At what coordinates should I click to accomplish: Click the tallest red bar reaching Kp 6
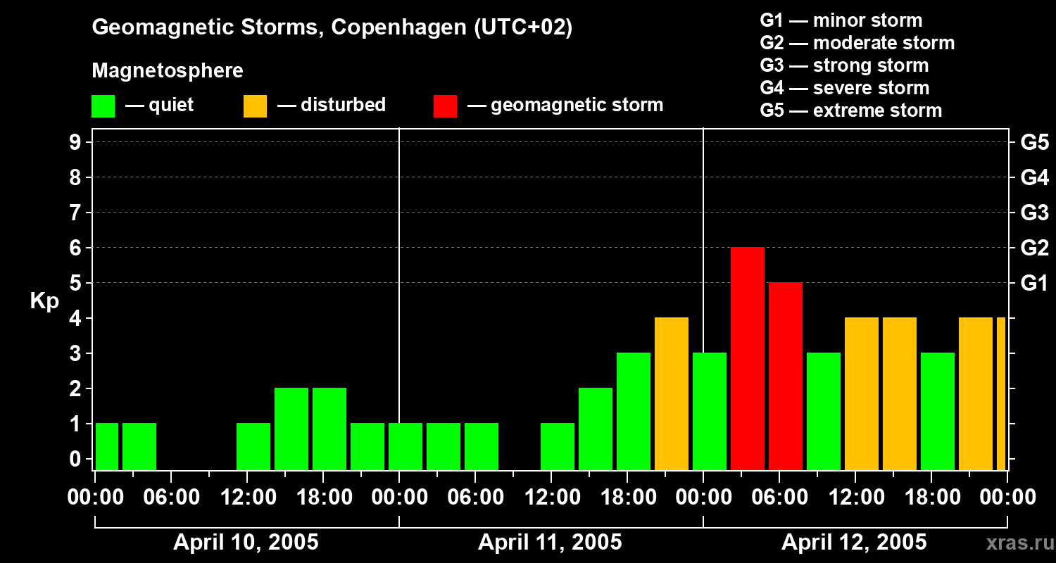click(x=747, y=358)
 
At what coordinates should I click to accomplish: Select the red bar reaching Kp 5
click(x=785, y=376)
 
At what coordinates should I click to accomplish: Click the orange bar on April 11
click(x=671, y=393)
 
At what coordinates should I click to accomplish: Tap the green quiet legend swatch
click(x=103, y=106)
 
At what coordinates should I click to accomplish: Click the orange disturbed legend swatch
click(x=255, y=106)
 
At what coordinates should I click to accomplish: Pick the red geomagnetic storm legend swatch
click(x=445, y=106)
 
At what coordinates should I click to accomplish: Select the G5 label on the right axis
click(x=1034, y=143)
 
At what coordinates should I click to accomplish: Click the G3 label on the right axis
click(x=1034, y=213)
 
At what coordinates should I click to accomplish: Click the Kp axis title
click(x=44, y=301)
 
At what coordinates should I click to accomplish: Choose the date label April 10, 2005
click(x=246, y=543)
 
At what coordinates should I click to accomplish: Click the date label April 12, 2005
click(x=854, y=543)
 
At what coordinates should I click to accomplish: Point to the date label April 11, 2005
click(x=550, y=543)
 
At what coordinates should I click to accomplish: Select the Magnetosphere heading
click(x=168, y=71)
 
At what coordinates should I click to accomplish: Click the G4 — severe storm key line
click(x=844, y=88)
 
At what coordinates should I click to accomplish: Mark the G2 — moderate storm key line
click(x=857, y=43)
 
